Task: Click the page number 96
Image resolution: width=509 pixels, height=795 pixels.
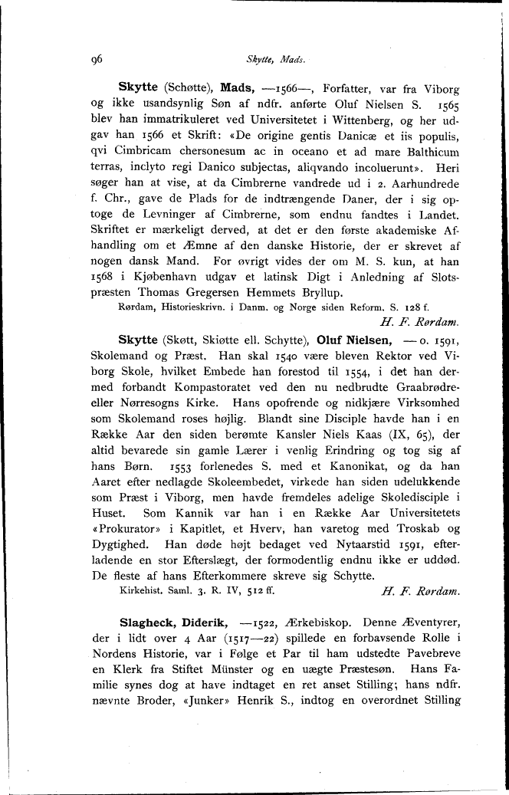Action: (97, 58)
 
